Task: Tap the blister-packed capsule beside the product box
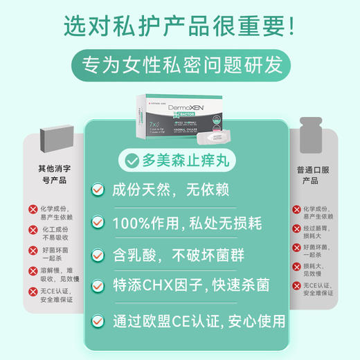215,136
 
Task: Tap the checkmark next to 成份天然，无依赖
99,189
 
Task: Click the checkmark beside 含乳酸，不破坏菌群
99,255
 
